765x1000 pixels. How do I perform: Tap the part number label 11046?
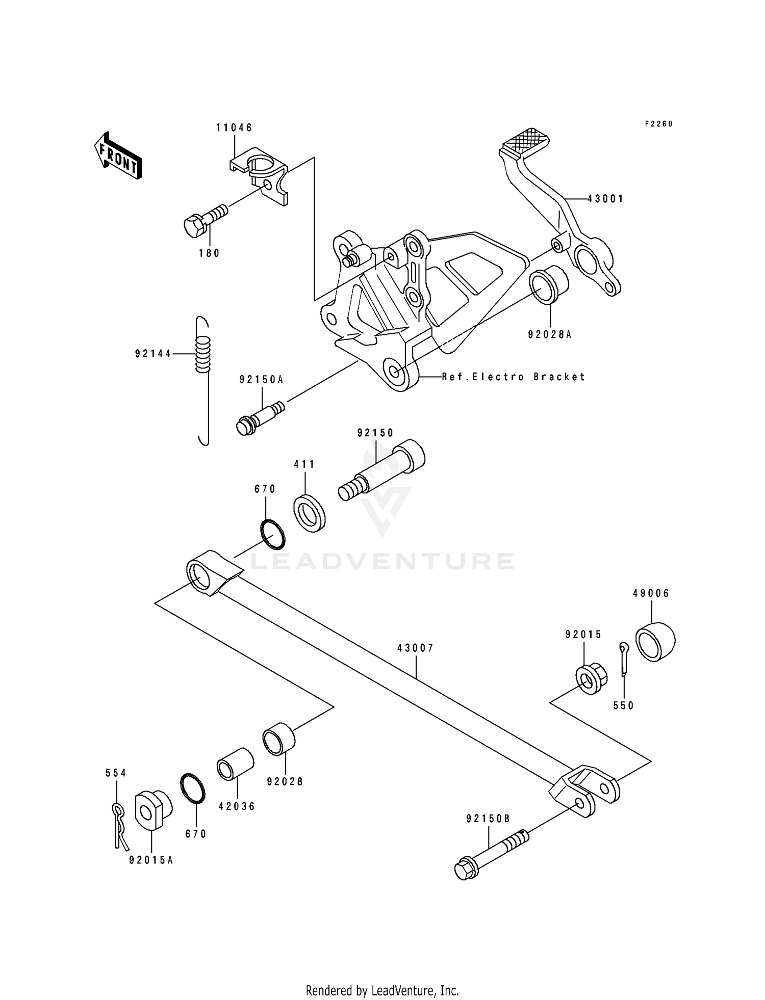pos(234,127)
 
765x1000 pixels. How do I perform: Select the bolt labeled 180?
pos(204,221)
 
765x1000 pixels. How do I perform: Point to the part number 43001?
pos(605,199)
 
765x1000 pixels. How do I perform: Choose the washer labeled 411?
pos(310,513)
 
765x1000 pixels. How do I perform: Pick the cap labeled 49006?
pos(655,641)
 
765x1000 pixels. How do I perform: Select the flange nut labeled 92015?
pos(591,679)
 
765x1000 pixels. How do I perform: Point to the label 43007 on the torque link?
pos(416,648)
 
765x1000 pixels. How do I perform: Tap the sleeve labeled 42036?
pos(235,763)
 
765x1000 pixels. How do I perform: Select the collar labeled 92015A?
pos(152,810)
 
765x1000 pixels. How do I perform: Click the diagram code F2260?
pos(658,124)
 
